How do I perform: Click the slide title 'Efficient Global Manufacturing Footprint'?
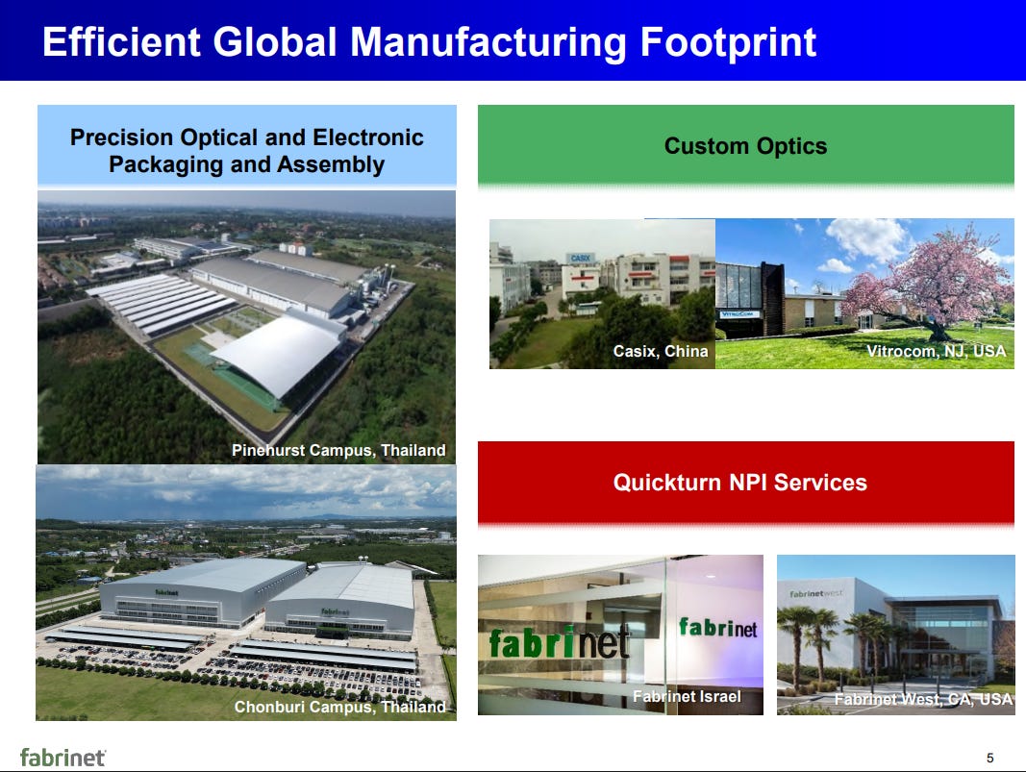coord(430,42)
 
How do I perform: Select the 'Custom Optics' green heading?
coord(745,146)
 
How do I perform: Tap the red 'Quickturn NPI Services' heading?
coord(739,483)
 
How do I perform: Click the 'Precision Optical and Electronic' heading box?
coord(246,151)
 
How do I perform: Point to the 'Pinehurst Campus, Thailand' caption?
coord(338,450)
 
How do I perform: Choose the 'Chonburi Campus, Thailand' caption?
coord(339,707)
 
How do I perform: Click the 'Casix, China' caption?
coord(660,352)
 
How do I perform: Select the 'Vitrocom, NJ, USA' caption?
coord(936,352)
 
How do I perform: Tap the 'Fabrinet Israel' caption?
coord(687,696)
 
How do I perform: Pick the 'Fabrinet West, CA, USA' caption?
coord(922,700)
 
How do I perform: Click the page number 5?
coord(989,756)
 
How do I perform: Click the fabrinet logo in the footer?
coord(63,757)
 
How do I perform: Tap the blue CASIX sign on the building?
coord(581,259)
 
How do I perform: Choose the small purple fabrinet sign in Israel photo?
coord(717,628)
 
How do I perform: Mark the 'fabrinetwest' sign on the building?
coord(816,593)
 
